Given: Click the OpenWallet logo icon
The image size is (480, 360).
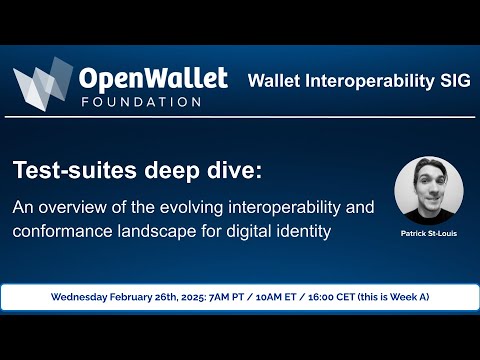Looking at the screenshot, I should [x=42, y=84].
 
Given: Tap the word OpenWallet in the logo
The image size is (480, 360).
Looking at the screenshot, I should [x=153, y=78].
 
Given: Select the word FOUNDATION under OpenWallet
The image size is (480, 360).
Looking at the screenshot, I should [x=139, y=101].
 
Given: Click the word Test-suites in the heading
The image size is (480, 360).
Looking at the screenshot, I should [x=75, y=171].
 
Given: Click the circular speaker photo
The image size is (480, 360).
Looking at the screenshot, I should [x=428, y=190].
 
